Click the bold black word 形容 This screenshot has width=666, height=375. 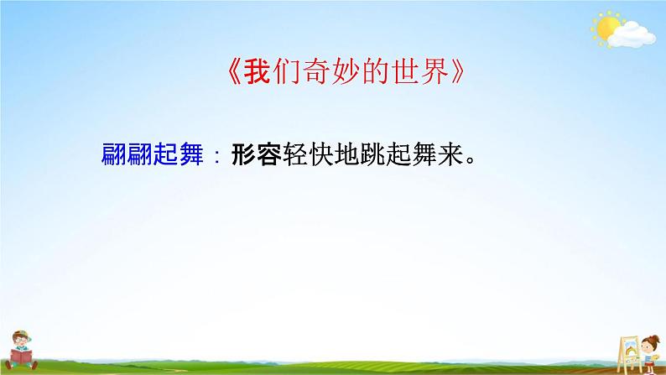click(254, 156)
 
